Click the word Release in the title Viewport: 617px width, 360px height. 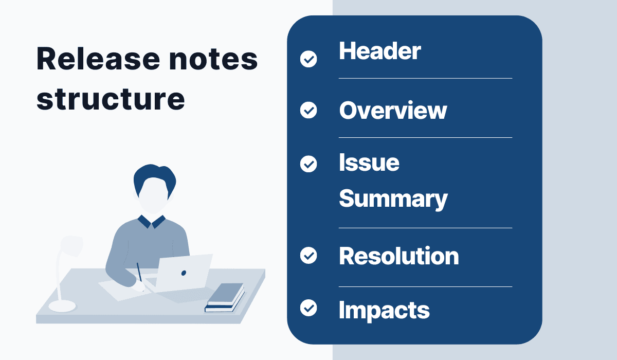(98, 59)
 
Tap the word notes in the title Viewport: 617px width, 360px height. (213, 59)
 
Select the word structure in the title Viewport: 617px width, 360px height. (111, 99)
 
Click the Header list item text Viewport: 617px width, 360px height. (380, 51)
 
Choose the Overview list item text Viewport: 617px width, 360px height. (393, 110)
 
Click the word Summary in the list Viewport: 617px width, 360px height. (393, 199)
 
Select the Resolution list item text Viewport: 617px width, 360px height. (399, 256)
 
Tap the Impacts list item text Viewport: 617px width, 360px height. (384, 311)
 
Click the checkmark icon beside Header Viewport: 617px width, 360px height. (308, 59)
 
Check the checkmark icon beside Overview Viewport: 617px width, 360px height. (308, 110)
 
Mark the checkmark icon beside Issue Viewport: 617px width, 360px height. (308, 164)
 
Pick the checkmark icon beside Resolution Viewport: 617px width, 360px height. (308, 255)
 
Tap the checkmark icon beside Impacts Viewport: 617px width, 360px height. (308, 308)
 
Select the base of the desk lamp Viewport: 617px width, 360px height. (62, 306)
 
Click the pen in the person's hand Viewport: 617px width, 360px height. (139, 272)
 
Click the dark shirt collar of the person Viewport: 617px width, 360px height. (152, 222)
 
